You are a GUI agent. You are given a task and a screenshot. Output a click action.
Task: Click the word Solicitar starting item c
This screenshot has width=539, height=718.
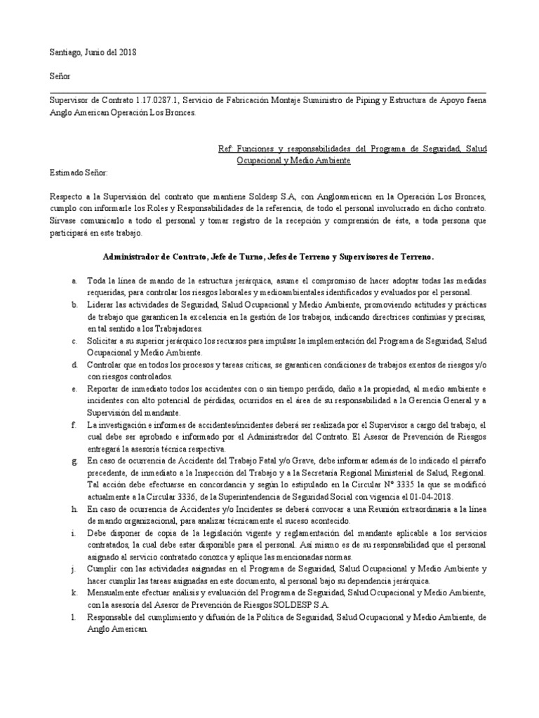[105, 341]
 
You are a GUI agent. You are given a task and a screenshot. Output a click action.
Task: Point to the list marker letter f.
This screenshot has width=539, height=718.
[74, 425]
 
